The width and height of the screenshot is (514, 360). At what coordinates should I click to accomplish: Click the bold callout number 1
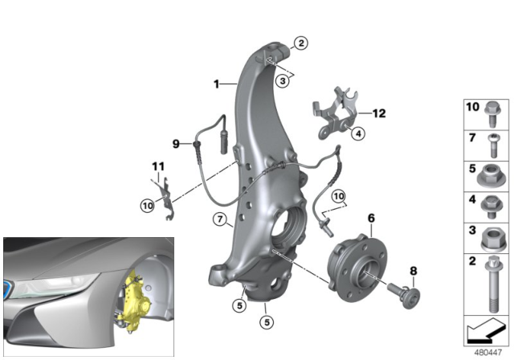216,84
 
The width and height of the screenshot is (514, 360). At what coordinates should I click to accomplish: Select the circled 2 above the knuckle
300,43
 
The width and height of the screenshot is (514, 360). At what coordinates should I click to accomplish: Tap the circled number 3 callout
283,81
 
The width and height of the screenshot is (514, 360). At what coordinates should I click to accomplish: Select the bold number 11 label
157,168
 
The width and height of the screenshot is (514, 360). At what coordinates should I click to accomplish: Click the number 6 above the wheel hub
371,218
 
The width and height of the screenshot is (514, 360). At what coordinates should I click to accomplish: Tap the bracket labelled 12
333,112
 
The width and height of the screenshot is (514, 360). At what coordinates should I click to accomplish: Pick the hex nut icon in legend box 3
491,238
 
